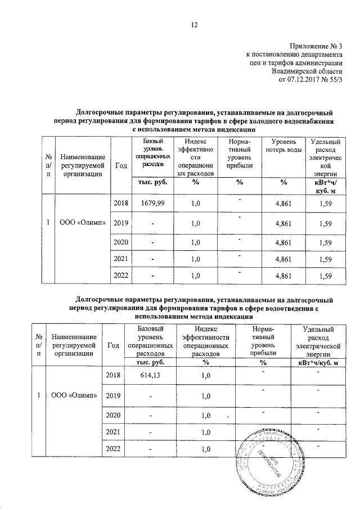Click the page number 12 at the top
click(194, 24)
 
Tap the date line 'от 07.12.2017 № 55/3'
click(310, 79)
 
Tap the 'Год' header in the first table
click(120, 165)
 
